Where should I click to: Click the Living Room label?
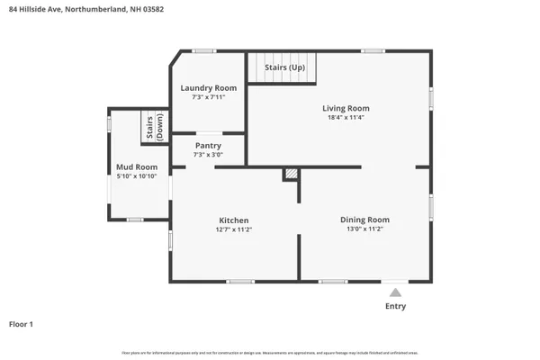346,108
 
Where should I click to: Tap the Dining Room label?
364,220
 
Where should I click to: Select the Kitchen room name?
233,220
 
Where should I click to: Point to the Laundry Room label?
208,87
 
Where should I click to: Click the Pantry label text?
208,145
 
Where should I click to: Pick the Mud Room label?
137,167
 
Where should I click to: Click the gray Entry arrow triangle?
394,292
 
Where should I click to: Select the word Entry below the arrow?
395,306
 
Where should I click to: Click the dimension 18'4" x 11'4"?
346,118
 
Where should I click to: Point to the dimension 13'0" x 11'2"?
364,229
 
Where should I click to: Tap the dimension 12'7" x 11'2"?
233,229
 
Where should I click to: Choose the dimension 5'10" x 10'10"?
137,176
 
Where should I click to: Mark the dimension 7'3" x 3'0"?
208,154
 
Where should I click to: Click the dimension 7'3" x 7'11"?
208,96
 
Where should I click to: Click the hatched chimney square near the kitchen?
290,174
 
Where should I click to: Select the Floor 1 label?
22,324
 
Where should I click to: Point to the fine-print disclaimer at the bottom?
270,352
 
